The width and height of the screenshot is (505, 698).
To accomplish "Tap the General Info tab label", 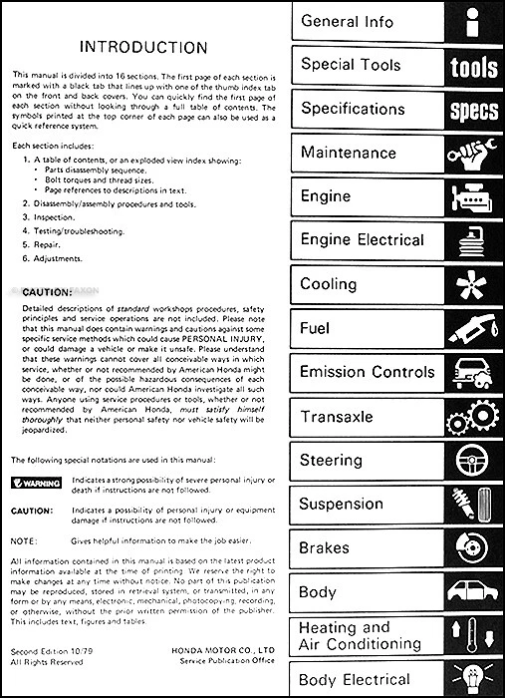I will point(348,21).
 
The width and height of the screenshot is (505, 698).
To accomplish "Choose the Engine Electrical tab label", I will point(362,240).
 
